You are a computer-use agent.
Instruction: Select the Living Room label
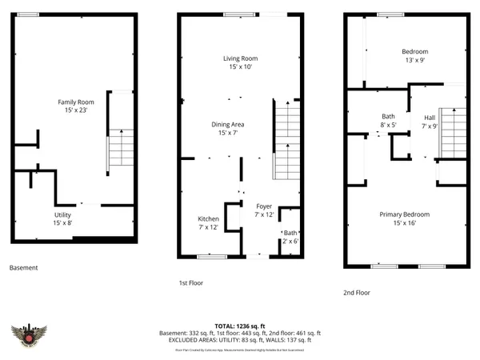pos(239,63)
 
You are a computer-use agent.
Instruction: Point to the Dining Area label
pos(227,129)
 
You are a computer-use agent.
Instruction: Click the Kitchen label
pos(208,223)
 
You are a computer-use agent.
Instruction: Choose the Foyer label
pos(264,210)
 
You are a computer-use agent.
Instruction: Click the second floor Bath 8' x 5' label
pos(388,121)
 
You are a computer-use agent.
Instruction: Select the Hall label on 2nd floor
pos(430,122)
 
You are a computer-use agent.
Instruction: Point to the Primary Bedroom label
pos(406,218)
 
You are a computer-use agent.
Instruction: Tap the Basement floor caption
pos(23,268)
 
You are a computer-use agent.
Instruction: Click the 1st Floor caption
pos(191,283)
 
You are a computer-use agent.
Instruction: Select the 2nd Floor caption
pos(357,293)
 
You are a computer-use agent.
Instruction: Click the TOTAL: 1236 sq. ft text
pos(240,326)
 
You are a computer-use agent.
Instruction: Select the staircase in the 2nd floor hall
pos(453,134)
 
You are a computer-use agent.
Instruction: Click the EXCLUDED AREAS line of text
pos(240,339)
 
